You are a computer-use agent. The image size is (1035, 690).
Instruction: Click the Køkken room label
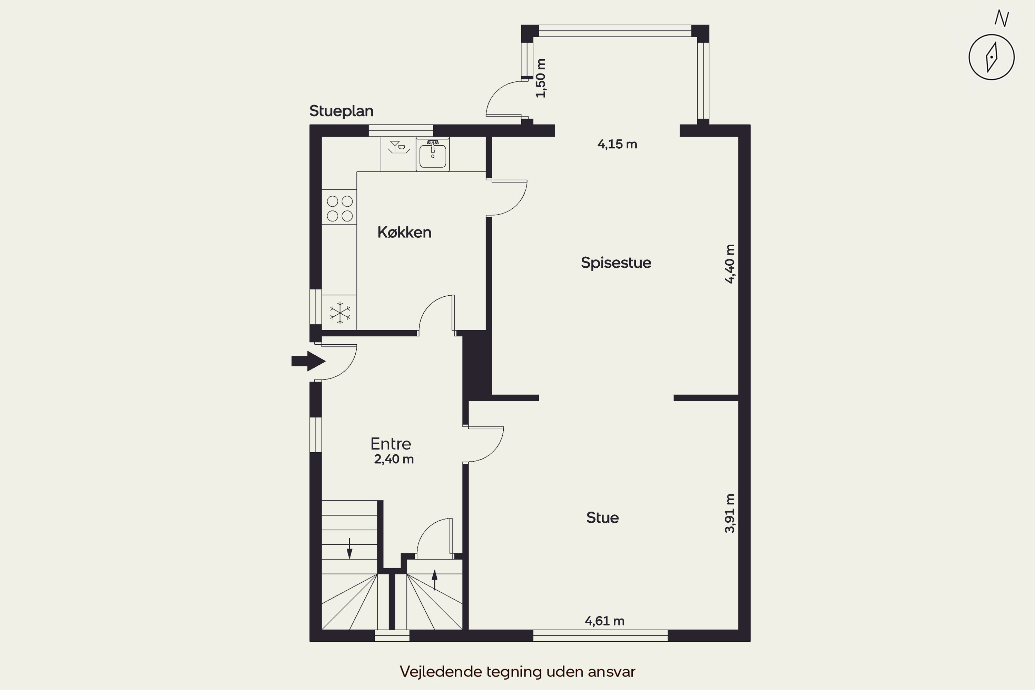404,232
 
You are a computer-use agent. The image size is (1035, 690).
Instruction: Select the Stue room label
602,517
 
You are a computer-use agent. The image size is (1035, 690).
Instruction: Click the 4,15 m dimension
617,144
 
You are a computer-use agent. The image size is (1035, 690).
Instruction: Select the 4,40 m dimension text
730,264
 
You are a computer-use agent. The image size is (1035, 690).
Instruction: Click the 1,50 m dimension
541,78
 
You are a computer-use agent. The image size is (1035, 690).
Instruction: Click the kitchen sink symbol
433,154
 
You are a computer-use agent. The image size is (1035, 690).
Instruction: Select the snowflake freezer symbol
340,313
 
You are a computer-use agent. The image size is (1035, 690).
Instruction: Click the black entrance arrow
308,361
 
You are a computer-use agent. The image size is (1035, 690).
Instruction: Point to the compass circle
992,57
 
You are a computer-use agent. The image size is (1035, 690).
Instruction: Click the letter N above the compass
1002,19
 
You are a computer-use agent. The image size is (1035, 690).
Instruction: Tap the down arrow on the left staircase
349,548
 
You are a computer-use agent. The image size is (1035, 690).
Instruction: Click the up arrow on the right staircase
435,580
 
